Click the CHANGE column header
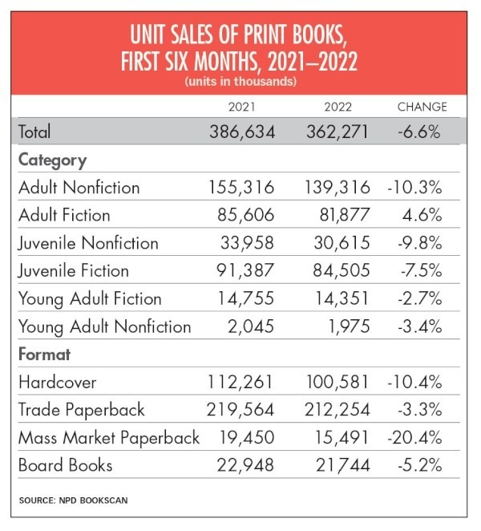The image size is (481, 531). (422, 107)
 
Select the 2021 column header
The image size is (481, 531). (242, 107)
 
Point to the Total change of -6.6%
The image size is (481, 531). (419, 131)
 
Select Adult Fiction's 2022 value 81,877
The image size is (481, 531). (338, 215)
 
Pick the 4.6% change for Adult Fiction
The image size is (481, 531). (424, 215)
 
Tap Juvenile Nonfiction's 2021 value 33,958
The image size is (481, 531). (245, 243)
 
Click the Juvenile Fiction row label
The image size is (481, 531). (76, 270)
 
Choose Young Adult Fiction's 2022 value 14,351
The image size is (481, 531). (338, 298)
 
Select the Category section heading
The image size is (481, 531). (52, 160)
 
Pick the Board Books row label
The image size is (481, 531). (66, 465)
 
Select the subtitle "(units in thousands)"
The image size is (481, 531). (240, 82)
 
